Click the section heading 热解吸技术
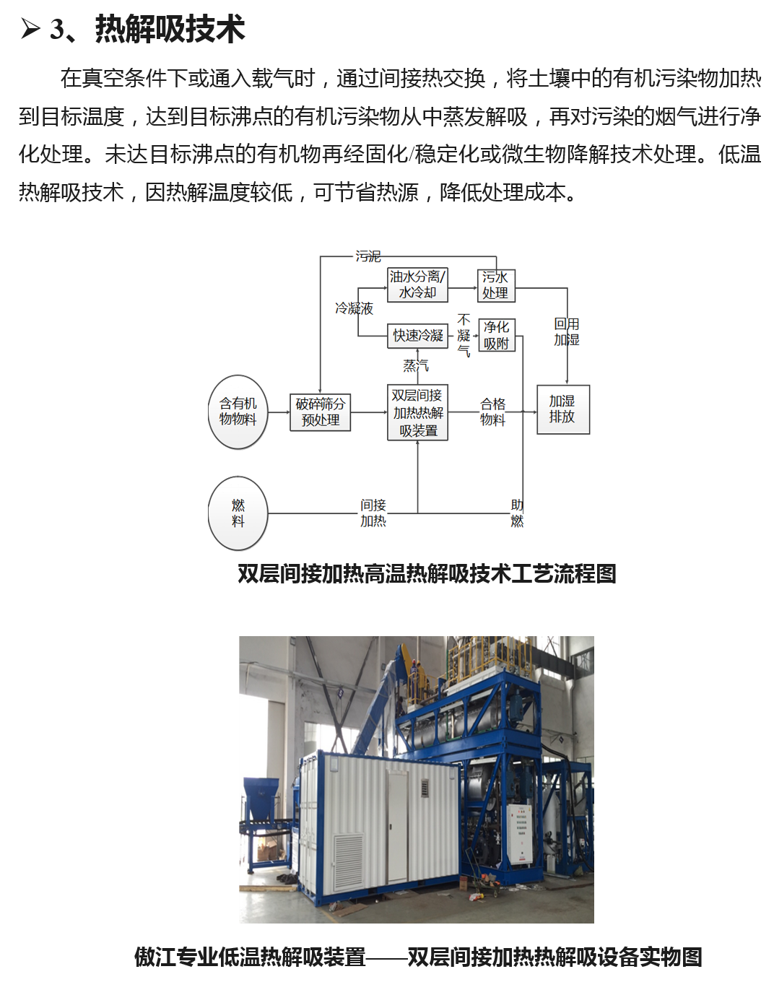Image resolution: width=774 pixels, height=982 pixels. coord(170,29)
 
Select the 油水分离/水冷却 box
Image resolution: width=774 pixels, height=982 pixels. coord(417,284)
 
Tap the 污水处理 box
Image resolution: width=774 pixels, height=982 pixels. coord(496,286)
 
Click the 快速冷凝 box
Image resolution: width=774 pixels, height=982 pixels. coord(417,336)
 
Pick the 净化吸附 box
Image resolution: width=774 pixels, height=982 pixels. coord(497,335)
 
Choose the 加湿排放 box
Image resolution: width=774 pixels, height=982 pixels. coord(562,409)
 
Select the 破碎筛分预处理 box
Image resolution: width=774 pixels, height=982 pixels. coord(320,412)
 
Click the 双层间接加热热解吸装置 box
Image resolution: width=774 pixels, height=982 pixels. coord(417,412)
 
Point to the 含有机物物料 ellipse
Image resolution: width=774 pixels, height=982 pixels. coord(238,412)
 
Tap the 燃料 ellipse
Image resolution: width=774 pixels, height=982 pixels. coord(238,513)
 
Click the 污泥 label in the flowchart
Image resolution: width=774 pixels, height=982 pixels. coord(368,256)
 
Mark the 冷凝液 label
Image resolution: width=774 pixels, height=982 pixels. coord(354,308)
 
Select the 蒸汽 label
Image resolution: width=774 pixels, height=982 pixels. coord(416,365)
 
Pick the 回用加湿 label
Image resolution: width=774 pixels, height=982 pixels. coord(566,331)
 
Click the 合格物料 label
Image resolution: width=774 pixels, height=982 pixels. coord(492,411)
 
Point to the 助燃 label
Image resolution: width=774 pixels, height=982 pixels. coord(517,513)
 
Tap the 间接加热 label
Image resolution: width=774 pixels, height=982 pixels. coord(373,513)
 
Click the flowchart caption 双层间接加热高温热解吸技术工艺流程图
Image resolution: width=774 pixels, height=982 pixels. coord(427,573)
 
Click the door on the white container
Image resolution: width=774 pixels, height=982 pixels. coord(396,826)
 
